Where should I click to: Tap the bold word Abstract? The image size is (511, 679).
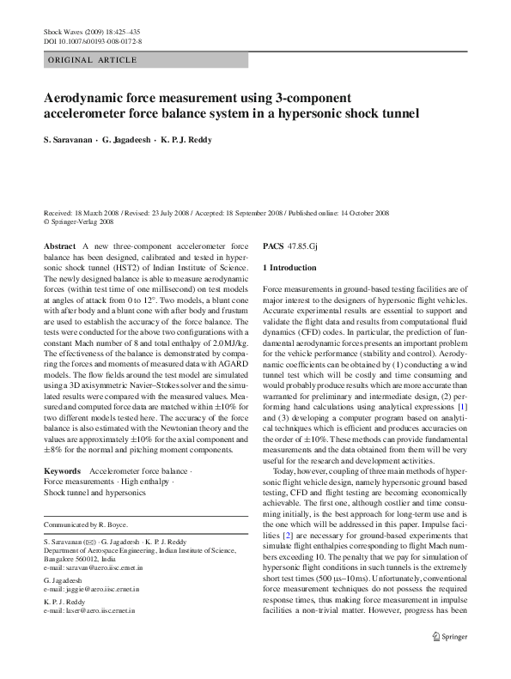pyautogui.click(x=58, y=246)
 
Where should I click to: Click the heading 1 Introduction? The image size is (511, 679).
pyautogui.click(x=289, y=269)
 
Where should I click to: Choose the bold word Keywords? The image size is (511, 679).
pyautogui.click(x=62, y=471)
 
